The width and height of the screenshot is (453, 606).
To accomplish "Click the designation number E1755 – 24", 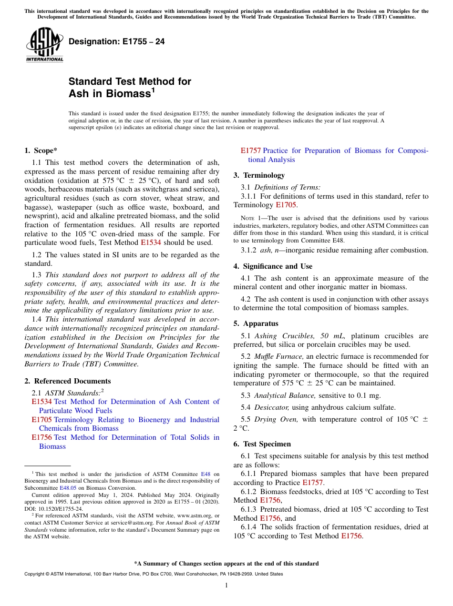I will pyautogui.click(x=116, y=42).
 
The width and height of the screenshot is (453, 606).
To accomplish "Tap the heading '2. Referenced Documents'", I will pyautogui.click(x=67, y=381).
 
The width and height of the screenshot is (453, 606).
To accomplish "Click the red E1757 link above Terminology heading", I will pyautogui.click(x=250, y=151).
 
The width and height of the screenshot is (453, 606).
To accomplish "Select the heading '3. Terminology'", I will pyautogui.click(x=259, y=175).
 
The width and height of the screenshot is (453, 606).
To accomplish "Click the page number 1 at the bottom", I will pyautogui.click(x=226, y=586).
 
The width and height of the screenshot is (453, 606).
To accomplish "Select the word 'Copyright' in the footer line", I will pyautogui.click(x=36, y=574).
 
